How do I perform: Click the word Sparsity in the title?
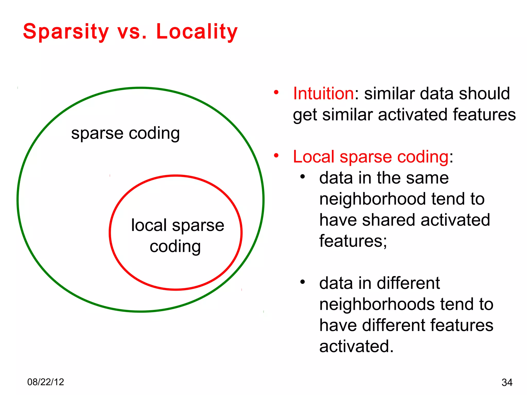point(66,32)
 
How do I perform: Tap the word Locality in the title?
point(197,32)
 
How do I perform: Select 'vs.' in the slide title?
point(132,32)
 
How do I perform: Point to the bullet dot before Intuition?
point(276,92)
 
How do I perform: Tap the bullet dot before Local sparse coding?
point(276,155)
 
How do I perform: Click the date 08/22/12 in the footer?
point(46,382)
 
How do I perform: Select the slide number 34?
point(507,382)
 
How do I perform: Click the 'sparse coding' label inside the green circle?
point(125,133)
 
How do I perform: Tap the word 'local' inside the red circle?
point(149,225)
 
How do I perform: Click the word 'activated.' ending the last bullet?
point(356,346)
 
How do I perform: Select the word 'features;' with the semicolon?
point(353,241)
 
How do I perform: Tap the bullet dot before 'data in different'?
point(303,282)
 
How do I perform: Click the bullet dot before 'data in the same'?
point(303,176)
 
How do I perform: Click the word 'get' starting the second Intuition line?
point(305,115)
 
